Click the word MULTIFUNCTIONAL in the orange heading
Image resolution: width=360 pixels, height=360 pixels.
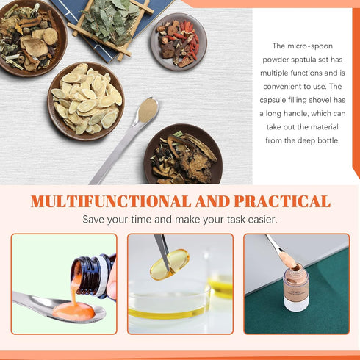[x=111, y=201]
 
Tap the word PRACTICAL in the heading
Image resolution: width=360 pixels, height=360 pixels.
[x=282, y=201]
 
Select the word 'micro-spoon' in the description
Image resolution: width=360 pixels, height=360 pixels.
[x=310, y=46]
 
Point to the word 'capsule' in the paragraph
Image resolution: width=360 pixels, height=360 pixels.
[x=273, y=100]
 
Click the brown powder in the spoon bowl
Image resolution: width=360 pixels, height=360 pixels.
[x=148, y=110]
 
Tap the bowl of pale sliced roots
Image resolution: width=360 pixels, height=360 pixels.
[x=86, y=101]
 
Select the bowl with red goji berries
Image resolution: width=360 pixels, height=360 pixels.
[x=179, y=42]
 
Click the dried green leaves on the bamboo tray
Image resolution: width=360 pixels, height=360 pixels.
[x=110, y=22]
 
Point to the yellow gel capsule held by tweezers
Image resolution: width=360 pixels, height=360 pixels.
[x=170, y=264]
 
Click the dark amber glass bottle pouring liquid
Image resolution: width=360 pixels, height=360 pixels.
[x=93, y=276]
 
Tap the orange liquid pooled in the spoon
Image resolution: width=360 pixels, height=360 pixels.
[x=73, y=312]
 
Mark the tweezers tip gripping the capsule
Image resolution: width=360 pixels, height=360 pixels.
[x=168, y=269]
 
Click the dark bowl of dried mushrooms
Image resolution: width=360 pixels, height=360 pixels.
[x=183, y=154]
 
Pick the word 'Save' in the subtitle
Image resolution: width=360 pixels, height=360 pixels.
[x=93, y=220]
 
